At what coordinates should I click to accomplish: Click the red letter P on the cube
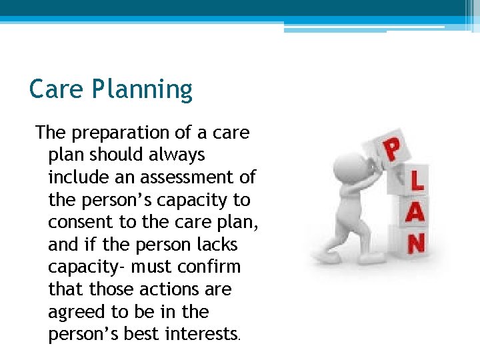tap(394, 151)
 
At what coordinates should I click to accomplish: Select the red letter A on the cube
tap(415, 213)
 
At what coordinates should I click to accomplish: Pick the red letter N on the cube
tap(415, 243)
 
